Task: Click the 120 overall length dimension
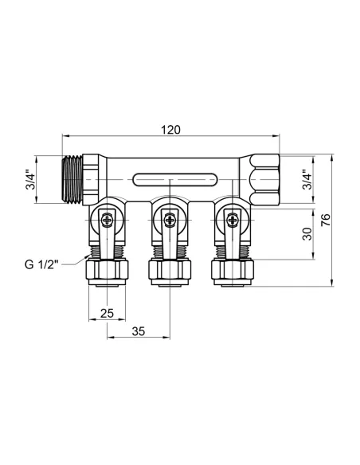tap(171, 130)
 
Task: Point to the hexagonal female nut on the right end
tap(263, 180)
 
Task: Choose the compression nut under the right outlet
tap(233, 272)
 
